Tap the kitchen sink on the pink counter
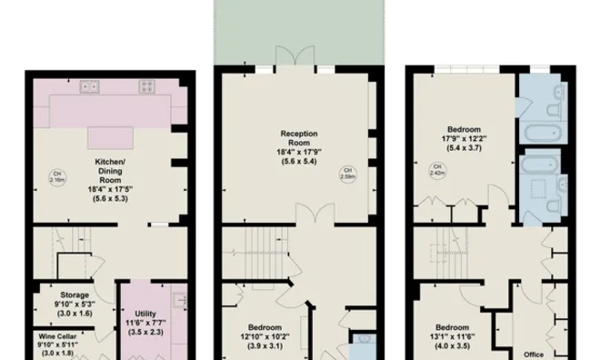tap(90, 87)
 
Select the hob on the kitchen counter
tap(145, 87)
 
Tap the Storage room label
tap(74, 295)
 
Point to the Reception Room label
tap(299, 139)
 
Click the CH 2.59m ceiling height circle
tap(346, 174)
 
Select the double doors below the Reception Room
tap(311, 217)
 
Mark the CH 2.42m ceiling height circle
tap(437, 170)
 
